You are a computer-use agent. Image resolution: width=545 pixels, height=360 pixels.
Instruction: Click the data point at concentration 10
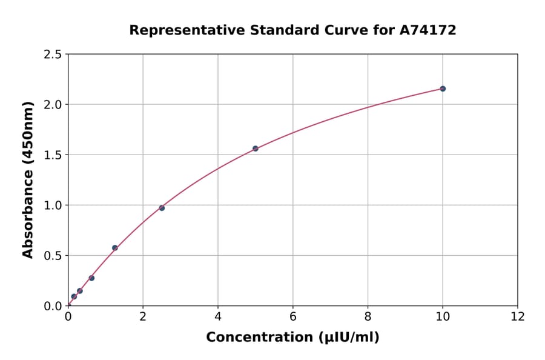tap(443, 88)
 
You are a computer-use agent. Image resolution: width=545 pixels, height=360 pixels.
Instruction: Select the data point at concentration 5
tap(256, 148)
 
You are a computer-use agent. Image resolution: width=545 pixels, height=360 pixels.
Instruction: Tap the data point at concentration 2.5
tap(162, 208)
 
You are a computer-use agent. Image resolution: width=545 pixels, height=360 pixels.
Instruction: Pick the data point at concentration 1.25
tap(115, 248)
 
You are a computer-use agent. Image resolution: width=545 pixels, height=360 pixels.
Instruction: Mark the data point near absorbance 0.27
tap(91, 278)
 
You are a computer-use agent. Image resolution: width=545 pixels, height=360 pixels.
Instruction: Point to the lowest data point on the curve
tap(74, 296)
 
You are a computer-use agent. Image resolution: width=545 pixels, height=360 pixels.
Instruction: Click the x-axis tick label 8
tap(368, 316)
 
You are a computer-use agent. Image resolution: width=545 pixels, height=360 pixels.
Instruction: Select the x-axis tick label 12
tap(518, 316)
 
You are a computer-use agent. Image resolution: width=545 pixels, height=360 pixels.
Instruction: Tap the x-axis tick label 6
tap(292, 316)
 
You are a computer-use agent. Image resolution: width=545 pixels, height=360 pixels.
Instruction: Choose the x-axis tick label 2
tap(143, 316)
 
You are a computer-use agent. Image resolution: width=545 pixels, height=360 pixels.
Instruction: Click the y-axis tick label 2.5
tap(53, 55)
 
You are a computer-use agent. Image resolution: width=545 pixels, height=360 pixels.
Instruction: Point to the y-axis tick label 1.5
tap(53, 155)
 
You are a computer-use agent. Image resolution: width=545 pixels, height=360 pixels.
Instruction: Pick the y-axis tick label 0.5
tap(53, 256)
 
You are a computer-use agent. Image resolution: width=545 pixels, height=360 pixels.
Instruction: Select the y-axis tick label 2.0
tap(53, 105)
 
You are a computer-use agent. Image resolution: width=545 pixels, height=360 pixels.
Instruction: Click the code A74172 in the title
tap(428, 30)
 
